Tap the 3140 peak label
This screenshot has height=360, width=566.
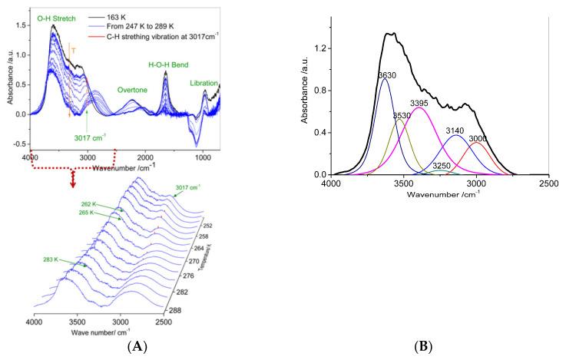tap(455, 131)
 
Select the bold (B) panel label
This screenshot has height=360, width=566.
tap(425, 348)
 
